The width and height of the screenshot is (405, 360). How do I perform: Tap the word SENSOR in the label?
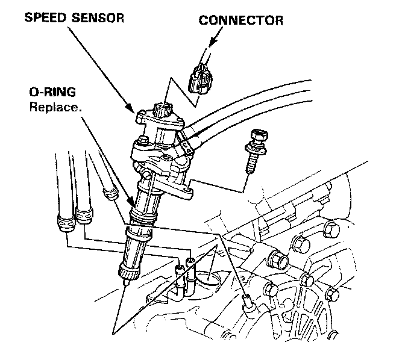click(x=98, y=17)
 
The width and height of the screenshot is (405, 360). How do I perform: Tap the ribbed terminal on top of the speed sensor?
click(x=162, y=110)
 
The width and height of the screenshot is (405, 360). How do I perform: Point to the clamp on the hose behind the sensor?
click(x=187, y=143)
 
